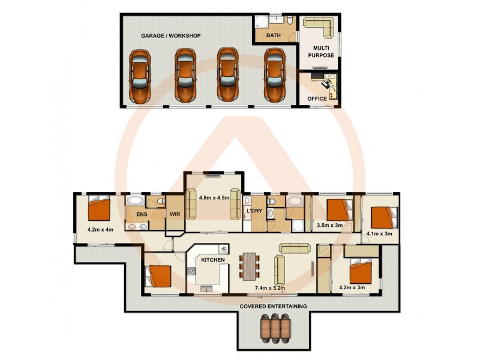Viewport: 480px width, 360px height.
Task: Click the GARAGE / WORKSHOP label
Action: tap(170, 36)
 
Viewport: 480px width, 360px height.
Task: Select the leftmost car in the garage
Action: tap(140, 74)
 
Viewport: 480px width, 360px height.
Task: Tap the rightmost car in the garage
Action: tap(274, 74)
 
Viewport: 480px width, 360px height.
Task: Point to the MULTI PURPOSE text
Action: tap(321, 51)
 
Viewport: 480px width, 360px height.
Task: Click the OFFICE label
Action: tap(317, 98)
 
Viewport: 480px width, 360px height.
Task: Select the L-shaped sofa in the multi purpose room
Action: tap(319, 28)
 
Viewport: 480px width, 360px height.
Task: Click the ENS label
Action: tap(142, 214)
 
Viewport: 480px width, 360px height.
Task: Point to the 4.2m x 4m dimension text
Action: tap(100, 229)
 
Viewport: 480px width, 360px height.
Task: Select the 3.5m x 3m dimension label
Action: tap(329, 226)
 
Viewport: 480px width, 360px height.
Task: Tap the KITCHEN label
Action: tap(212, 260)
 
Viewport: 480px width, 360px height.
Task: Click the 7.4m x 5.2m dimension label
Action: tap(269, 288)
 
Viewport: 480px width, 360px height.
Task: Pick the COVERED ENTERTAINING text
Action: tap(273, 306)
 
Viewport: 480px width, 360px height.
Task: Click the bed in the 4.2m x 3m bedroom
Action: tap(362, 270)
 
